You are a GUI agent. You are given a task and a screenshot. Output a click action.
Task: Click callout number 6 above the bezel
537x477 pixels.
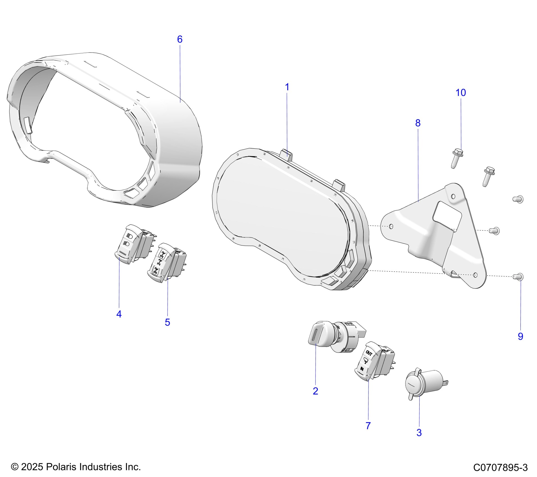pos(180,39)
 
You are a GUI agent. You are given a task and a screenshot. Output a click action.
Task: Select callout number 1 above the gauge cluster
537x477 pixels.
pos(287,87)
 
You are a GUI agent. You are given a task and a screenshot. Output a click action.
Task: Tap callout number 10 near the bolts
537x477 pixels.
pos(461,93)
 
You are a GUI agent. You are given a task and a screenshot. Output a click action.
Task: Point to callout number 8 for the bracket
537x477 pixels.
pos(418,123)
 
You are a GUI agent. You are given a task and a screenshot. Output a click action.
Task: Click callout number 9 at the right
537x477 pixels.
pos(520,336)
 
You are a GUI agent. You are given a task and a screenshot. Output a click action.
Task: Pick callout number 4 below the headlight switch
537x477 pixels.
pos(119,314)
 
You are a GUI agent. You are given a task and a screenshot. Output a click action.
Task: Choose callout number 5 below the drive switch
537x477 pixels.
pos(167,322)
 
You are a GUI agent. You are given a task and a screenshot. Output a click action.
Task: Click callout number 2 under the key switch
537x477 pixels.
pos(315,391)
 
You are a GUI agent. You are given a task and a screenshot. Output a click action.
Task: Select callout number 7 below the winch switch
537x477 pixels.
pos(368,426)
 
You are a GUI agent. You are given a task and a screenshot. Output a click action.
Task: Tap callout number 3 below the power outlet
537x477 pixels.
pos(419,432)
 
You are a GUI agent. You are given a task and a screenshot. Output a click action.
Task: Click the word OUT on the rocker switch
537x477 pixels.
pos(369,353)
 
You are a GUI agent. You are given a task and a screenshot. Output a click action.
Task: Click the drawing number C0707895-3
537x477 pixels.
pos(500,467)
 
